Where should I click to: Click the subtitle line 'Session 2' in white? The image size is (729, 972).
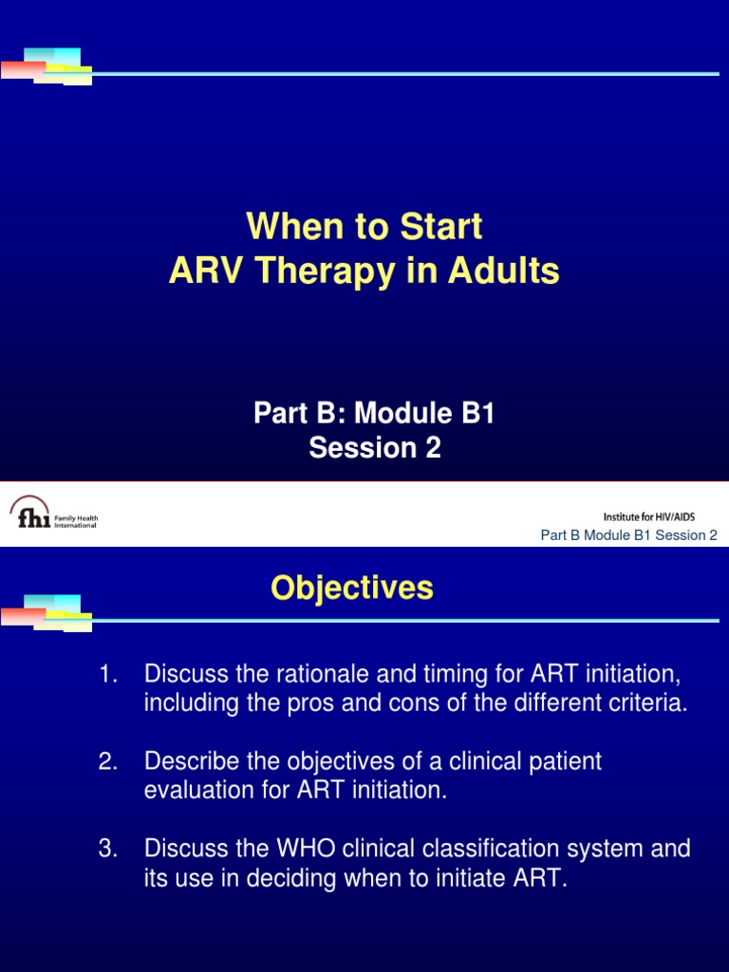point(375,448)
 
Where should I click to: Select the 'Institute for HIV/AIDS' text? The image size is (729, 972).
point(654,516)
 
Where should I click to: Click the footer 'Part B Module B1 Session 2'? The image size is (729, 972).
point(628,535)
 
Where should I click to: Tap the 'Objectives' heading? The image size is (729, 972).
point(351,589)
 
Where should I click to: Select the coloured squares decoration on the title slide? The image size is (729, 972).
point(47,65)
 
